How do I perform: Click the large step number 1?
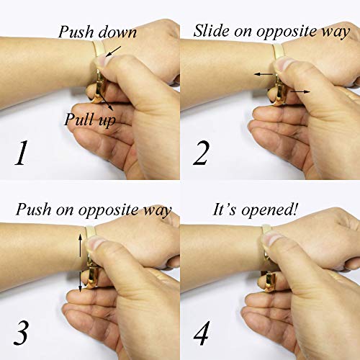[21, 153]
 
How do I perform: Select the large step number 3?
[21, 333]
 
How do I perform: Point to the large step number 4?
[202, 333]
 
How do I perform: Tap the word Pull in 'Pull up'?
[77, 119]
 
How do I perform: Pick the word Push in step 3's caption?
[34, 210]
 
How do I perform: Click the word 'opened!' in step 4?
[269, 210]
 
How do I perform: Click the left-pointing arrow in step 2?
[264, 74]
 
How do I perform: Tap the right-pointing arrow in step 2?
[300, 91]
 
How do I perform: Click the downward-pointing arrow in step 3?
[81, 281]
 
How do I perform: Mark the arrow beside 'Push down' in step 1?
[113, 51]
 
